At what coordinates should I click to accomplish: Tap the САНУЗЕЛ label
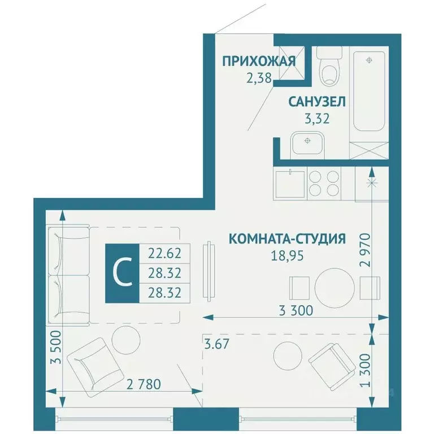click(x=316, y=102)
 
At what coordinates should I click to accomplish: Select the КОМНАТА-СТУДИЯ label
click(x=287, y=238)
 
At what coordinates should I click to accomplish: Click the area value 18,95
click(x=288, y=255)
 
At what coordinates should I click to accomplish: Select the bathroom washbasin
click(x=307, y=141)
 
